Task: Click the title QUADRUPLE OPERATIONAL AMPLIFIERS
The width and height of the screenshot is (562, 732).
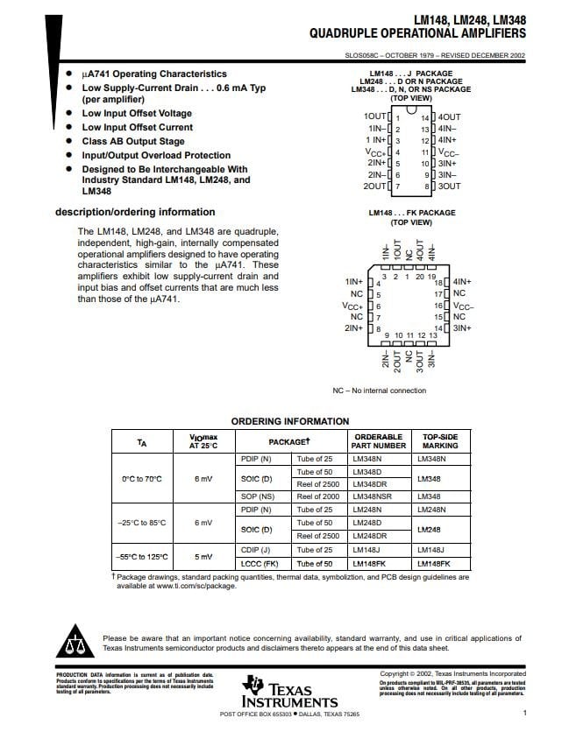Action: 417,34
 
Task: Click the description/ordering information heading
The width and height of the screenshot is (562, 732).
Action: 135,212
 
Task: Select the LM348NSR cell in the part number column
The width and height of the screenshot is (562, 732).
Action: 373,496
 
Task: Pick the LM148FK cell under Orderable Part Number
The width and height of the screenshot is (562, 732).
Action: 369,564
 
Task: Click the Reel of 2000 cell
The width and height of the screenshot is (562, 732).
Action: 317,496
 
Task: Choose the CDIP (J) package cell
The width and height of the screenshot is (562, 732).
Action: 255,550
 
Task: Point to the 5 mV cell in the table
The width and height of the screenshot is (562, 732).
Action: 203,557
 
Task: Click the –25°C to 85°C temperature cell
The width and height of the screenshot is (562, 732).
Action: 141,523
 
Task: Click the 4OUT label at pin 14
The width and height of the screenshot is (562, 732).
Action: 450,117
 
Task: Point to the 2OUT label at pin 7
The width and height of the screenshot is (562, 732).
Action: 374,187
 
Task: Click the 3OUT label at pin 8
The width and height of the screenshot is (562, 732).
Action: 450,187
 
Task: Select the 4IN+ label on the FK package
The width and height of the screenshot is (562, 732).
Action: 462,282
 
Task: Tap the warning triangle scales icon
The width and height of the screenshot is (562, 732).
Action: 74,644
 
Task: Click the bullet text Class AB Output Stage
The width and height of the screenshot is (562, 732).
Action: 133,141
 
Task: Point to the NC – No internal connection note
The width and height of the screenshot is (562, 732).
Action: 379,391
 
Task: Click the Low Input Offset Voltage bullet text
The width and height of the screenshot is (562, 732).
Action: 137,114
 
